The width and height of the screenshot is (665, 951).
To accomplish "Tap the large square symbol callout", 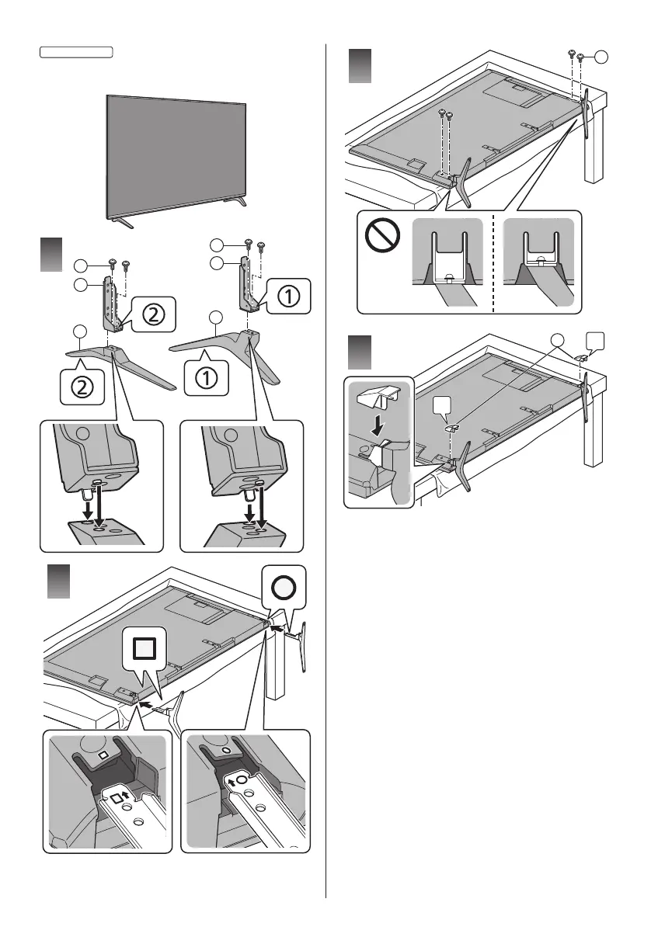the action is pyautogui.click(x=144, y=646).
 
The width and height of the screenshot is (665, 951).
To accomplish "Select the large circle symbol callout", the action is pyautogui.click(x=284, y=588).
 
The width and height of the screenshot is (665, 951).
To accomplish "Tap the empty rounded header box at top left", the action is pyautogui.click(x=76, y=53).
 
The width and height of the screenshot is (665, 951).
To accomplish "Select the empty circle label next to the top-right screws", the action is pyautogui.click(x=602, y=56).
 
